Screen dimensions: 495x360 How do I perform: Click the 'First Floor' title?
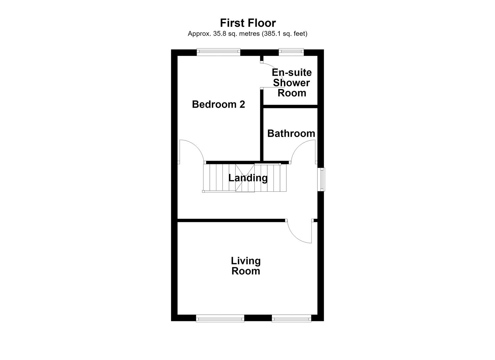coord(248,23)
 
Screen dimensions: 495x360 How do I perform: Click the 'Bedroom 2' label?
coord(218,104)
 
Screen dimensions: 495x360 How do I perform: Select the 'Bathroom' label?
coord(291,133)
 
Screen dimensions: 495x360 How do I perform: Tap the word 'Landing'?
coord(248,178)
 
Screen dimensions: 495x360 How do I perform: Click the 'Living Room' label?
coord(246,266)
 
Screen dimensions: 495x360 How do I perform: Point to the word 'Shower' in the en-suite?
coord(291,83)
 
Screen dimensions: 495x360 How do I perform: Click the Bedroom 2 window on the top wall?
coord(218,52)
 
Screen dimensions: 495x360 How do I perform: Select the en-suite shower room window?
coord(291,52)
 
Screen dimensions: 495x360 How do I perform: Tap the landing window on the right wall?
coord(321,179)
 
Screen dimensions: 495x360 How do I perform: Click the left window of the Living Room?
coord(220,319)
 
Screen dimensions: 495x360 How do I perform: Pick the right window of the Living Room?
coord(291,319)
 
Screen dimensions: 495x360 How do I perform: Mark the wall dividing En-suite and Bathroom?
coord(290,107)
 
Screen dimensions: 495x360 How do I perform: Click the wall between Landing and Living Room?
coord(231,220)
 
